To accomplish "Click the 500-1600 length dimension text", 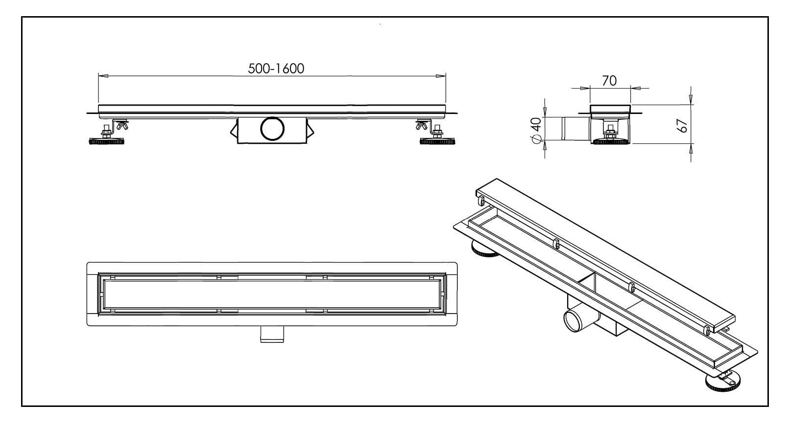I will pos(276,68).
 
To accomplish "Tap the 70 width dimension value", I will pos(609,81).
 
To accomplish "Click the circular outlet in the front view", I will pos(272,129).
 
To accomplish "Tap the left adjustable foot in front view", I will pos(106,141).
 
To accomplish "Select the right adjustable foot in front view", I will pos(437,141).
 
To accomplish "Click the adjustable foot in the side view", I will pos(610,141).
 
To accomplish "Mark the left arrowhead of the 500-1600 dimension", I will pos(103,76).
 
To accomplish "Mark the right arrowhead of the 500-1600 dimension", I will pos(441,76).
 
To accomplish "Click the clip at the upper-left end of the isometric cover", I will pos(481,200).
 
